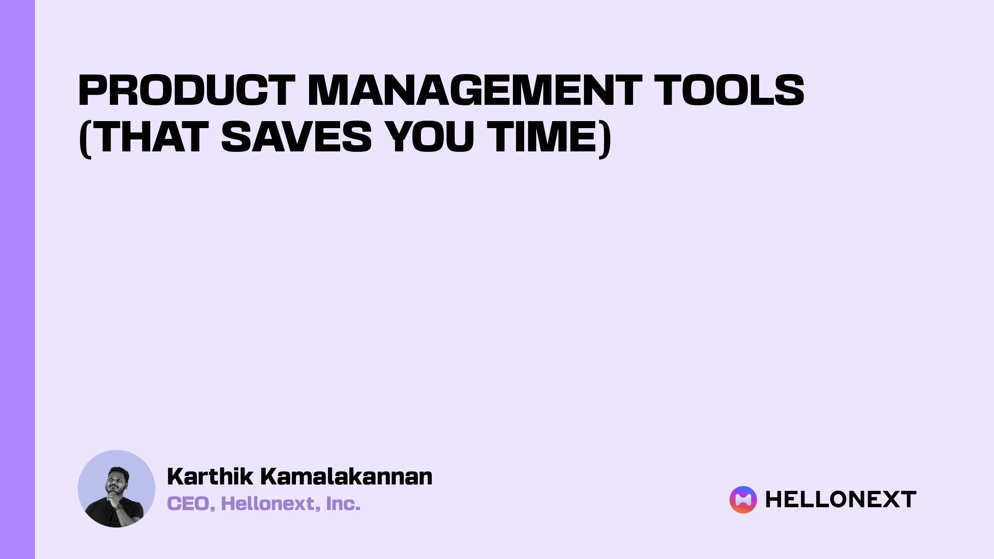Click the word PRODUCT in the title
186,90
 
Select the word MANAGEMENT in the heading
474,90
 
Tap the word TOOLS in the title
729,90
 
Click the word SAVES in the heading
297,137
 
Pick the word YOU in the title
431,137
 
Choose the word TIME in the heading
542,137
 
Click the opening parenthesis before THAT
85,138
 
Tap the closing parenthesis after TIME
605,138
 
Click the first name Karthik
210,477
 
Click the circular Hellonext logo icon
743,500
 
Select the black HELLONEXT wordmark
841,500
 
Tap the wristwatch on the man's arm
119,508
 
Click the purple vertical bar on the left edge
17,279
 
